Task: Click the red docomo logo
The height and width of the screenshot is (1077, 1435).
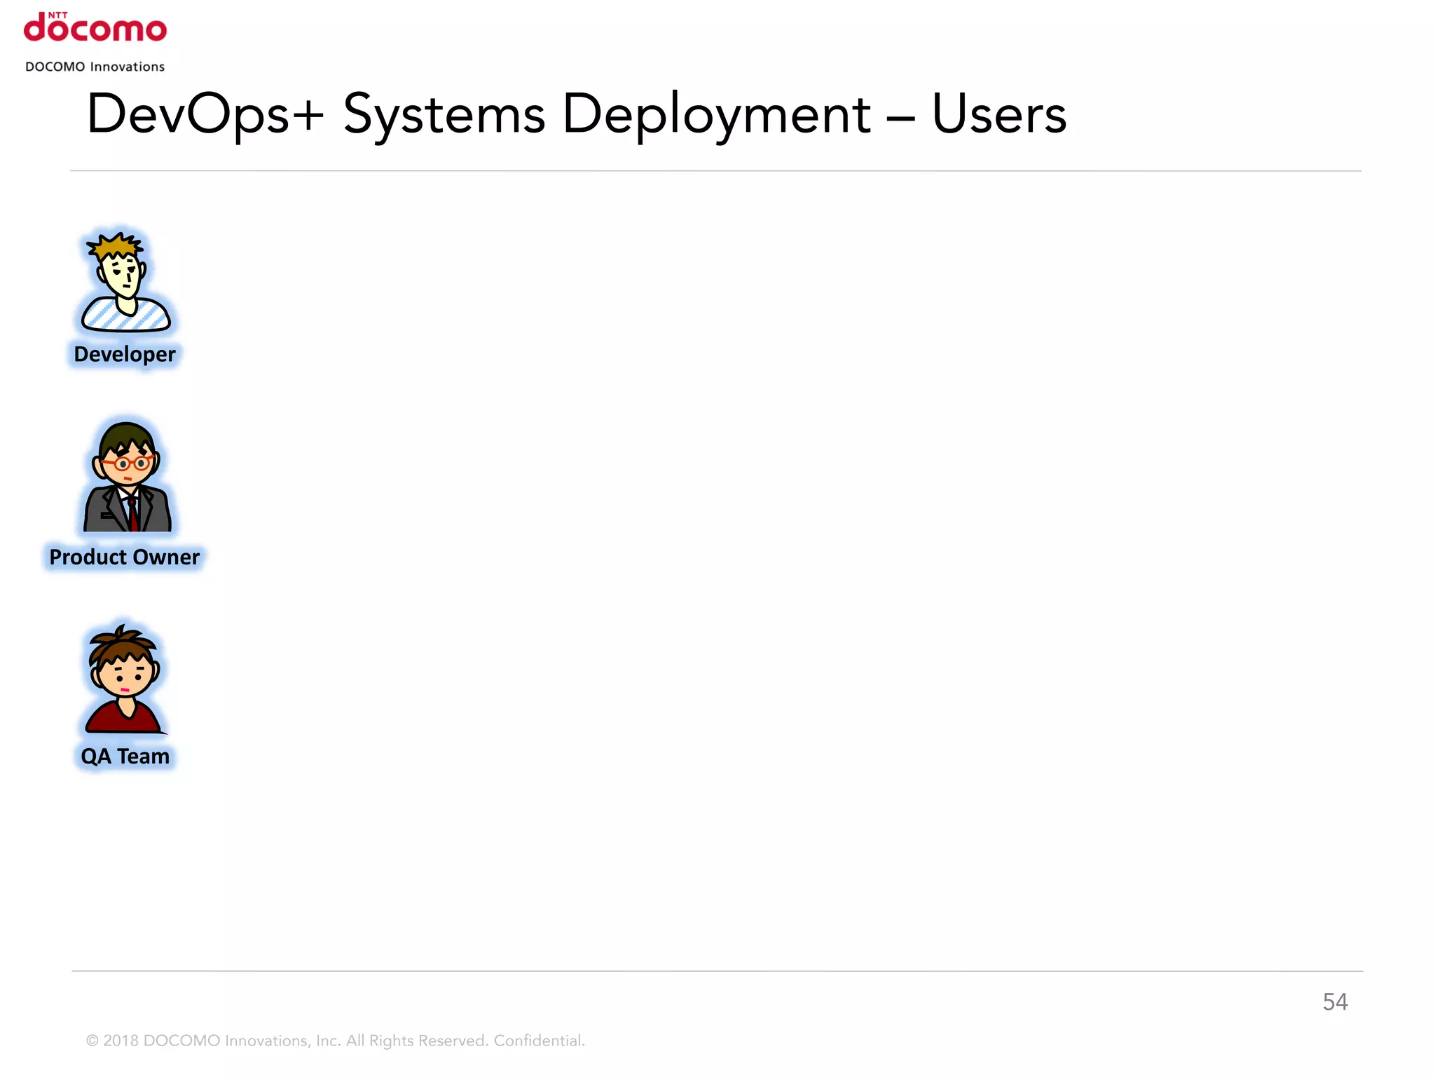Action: (95, 28)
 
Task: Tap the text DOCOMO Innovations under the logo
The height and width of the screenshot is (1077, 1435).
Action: (95, 67)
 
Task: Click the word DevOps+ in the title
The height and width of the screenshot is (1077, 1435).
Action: (205, 114)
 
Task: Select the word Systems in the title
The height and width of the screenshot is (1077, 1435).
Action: (444, 114)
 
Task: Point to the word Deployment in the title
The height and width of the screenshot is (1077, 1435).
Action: (716, 114)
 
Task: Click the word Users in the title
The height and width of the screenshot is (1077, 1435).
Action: (998, 114)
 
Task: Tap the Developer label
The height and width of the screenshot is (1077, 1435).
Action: (125, 354)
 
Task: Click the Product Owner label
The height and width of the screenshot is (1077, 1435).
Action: (125, 557)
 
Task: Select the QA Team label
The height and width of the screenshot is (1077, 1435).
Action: (125, 757)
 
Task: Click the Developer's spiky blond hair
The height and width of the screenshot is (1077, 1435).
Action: (115, 247)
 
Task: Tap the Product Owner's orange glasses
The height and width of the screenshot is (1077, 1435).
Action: (125, 463)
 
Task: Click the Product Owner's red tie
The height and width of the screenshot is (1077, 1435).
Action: (132, 515)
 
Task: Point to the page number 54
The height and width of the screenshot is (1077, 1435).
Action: (1335, 1002)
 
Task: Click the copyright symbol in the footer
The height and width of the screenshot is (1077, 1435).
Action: (92, 1041)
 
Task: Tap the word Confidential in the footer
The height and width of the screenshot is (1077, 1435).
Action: (539, 1041)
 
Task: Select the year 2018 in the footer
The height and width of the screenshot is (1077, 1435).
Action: (121, 1041)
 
